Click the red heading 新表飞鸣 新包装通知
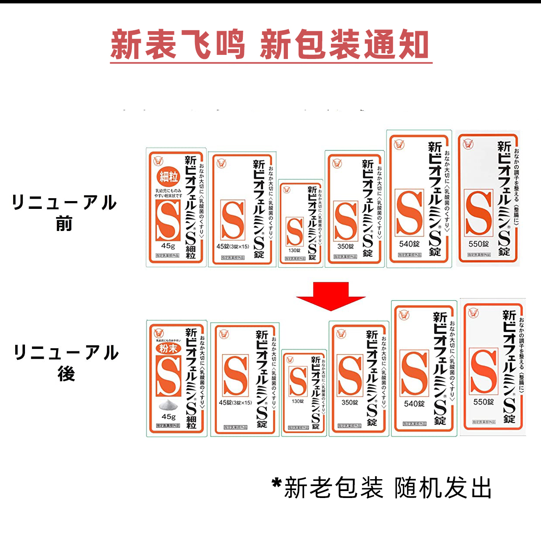tap(271, 45)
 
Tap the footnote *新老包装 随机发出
tap(382, 488)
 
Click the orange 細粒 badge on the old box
tap(168, 177)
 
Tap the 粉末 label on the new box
tap(168, 349)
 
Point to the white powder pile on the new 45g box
tap(168, 405)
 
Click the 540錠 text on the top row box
tap(409, 244)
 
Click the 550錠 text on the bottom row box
tap(483, 402)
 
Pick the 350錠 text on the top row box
tap(345, 247)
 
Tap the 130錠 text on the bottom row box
tap(298, 401)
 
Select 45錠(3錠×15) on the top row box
tap(233, 247)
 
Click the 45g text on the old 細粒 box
tap(168, 246)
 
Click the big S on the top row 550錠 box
tap(479, 213)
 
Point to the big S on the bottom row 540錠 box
tap(414, 373)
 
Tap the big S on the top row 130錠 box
tap(295, 231)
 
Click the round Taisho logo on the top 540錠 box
tap(399, 144)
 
